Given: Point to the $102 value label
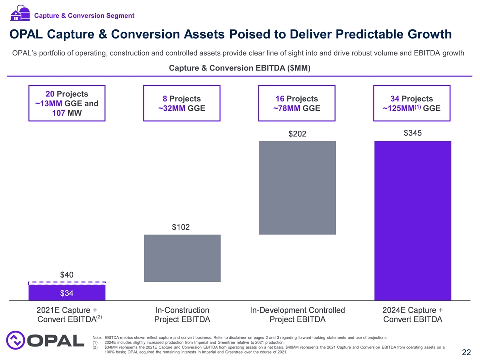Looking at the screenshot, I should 182,227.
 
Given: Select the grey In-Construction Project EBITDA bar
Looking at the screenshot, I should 182,258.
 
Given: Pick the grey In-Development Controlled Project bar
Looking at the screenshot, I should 297,187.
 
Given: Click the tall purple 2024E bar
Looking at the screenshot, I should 412,220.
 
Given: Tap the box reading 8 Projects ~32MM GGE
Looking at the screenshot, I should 182,103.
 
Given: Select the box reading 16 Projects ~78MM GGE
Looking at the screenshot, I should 297,103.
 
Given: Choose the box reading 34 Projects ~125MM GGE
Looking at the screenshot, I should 412,103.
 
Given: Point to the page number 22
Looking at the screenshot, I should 466,353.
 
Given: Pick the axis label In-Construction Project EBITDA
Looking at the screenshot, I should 182,314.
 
